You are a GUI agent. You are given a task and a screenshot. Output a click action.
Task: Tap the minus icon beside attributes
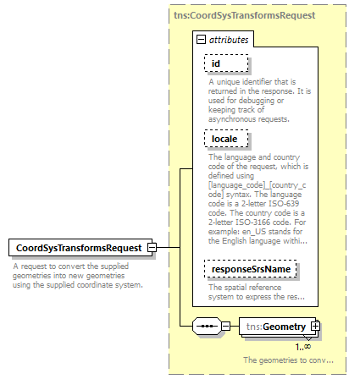pyautogui.click(x=201, y=40)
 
